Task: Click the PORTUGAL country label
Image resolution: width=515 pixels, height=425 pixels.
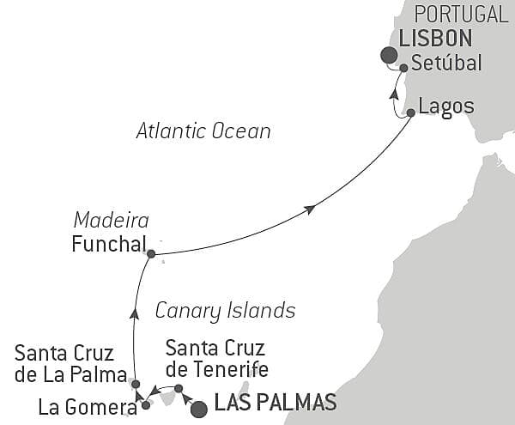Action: [461, 14]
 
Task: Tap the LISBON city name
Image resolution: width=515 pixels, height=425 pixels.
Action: [435, 38]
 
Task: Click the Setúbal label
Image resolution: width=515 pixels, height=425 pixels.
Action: [446, 63]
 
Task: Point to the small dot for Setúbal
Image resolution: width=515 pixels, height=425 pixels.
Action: [403, 67]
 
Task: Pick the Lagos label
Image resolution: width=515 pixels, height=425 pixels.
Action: [445, 108]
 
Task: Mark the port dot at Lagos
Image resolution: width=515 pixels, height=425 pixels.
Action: [411, 112]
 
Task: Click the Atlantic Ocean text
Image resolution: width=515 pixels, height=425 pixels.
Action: [203, 131]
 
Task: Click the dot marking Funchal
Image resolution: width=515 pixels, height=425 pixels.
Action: [151, 254]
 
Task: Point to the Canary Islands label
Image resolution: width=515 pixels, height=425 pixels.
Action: [225, 310]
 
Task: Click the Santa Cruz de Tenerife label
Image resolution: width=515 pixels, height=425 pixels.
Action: [216, 360]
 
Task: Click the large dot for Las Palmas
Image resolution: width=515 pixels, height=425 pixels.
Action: [198, 409]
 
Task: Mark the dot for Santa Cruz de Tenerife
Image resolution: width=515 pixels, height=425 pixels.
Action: [178, 389]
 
